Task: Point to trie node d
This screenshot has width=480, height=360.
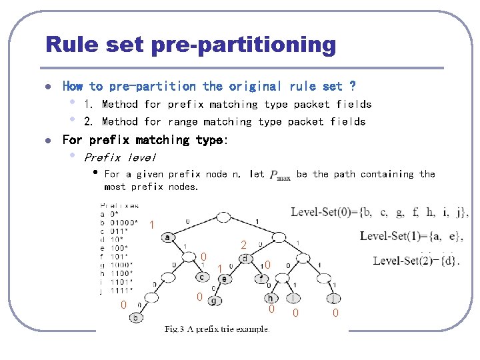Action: [x=245, y=259]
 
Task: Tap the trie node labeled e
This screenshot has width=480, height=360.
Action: [x=225, y=279]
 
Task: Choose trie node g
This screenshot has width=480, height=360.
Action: [x=213, y=301]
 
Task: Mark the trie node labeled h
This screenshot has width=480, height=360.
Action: [x=270, y=298]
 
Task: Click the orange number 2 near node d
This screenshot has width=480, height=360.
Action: [x=244, y=245]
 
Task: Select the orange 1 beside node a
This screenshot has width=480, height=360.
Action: [x=152, y=225]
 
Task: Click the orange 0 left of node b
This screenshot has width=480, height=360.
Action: [x=123, y=305]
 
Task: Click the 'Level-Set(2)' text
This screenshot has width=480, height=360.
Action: [x=403, y=261]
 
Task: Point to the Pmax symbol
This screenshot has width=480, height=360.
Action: [x=280, y=175]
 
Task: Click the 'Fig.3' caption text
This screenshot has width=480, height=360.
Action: [x=176, y=329]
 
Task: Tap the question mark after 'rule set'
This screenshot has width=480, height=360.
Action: [x=352, y=87]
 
